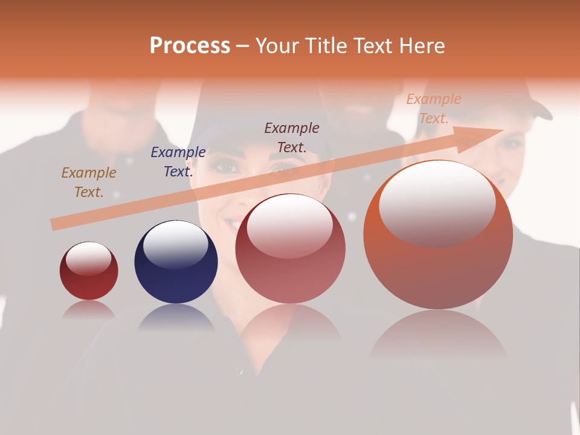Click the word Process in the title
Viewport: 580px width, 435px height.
click(x=190, y=46)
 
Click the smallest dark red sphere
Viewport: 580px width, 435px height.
click(x=89, y=271)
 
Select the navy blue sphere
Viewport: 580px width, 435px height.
click(x=176, y=262)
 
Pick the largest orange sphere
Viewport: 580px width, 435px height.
click(x=438, y=235)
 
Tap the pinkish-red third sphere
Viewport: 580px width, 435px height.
click(x=291, y=249)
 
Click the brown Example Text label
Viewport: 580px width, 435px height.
click(x=88, y=182)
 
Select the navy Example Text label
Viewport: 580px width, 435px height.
click(x=178, y=162)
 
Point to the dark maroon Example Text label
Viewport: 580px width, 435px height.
click(x=291, y=138)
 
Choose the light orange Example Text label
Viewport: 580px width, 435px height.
click(x=433, y=109)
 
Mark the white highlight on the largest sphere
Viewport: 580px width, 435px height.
click(x=437, y=204)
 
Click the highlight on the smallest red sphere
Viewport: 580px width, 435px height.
click(x=89, y=259)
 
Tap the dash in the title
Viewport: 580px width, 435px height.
click(x=243, y=47)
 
